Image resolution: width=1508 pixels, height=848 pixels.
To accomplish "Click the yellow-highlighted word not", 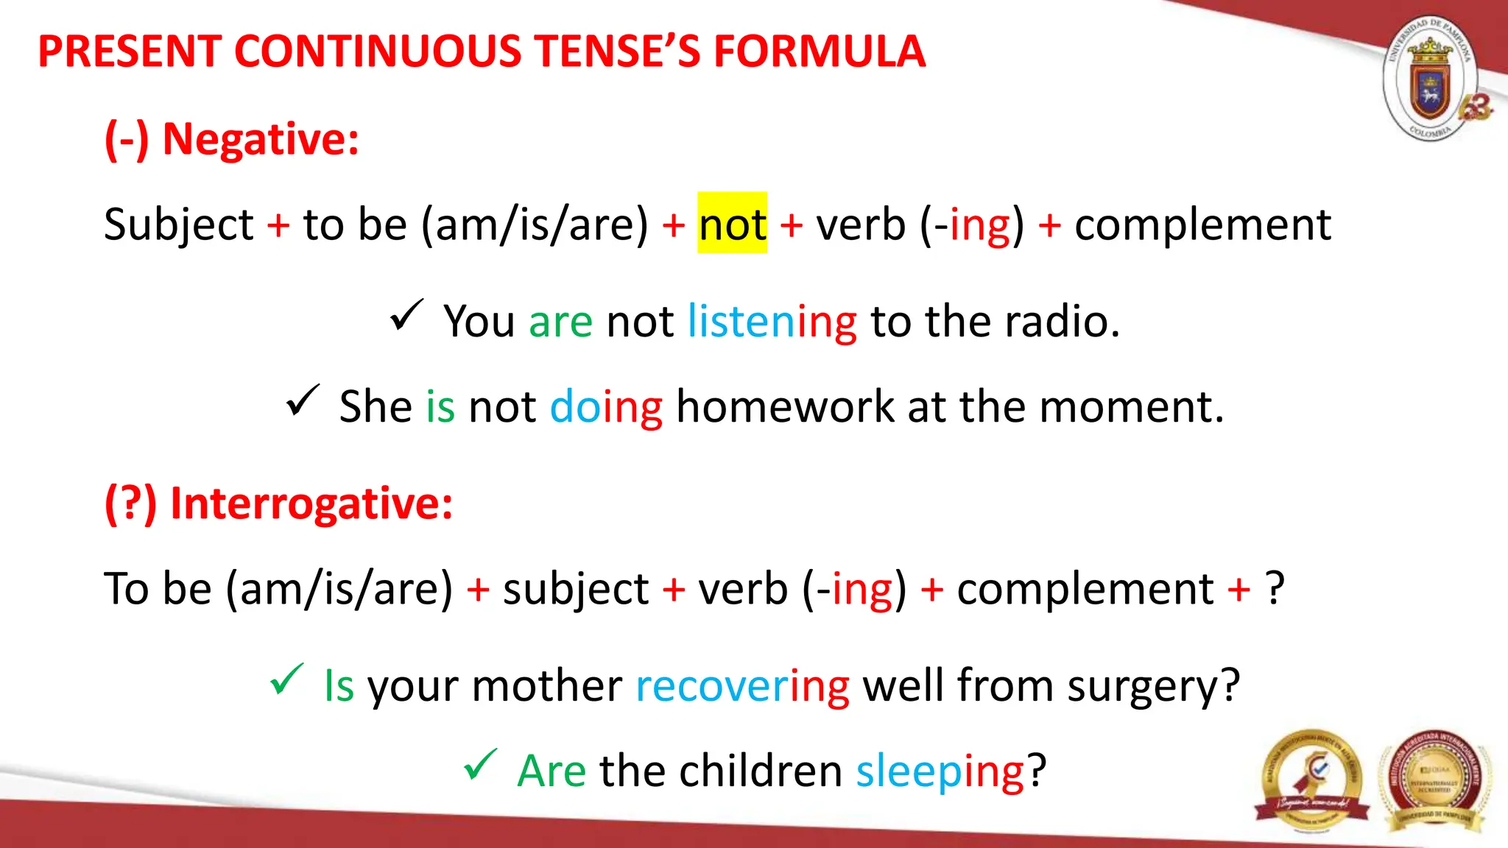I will click(732, 224).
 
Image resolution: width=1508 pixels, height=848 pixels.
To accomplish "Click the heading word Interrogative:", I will click(311, 504).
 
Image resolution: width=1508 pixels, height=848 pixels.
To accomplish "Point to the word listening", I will click(772, 322).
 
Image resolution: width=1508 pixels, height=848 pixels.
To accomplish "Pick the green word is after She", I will click(440, 406).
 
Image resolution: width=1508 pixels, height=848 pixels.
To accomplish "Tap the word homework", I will click(784, 406).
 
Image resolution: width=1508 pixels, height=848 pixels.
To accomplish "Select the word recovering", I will click(742, 686).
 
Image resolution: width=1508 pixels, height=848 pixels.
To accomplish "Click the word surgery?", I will click(1153, 686).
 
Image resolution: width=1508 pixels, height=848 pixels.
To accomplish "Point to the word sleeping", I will click(940, 771).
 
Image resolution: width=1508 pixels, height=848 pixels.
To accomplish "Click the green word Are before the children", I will click(552, 771).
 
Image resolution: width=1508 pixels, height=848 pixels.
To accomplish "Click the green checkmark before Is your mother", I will click(286, 679).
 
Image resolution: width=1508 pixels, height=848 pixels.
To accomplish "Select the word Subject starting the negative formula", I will click(178, 224).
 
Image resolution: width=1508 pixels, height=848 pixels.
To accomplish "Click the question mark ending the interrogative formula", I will click(1275, 589).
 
